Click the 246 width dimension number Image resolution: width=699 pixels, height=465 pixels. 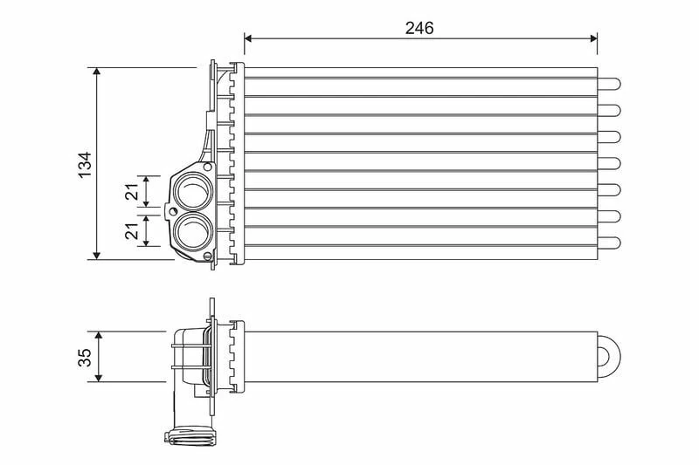(x=419, y=27)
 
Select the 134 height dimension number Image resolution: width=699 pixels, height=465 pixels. (x=85, y=164)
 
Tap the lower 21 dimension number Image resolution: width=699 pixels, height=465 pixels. (x=132, y=230)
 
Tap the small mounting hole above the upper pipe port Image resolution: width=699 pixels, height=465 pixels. (x=206, y=166)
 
